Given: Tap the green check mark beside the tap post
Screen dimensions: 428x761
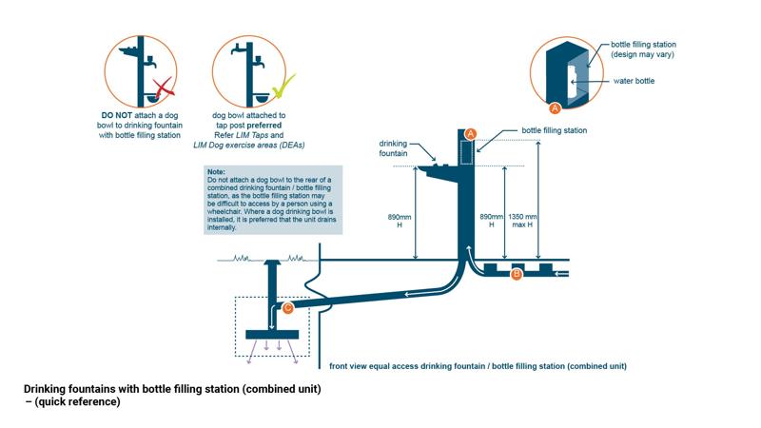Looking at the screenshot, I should [283, 88].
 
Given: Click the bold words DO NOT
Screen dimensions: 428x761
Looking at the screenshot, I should [119, 115].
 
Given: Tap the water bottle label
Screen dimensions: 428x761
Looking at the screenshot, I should [633, 81].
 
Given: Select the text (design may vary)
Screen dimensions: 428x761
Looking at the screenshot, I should [644, 54].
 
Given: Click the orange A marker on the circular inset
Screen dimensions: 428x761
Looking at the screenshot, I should [556, 107].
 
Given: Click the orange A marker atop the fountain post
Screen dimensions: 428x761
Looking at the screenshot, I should [470, 133].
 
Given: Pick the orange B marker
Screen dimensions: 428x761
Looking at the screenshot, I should [517, 274].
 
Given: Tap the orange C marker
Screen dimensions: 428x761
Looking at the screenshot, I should [288, 307].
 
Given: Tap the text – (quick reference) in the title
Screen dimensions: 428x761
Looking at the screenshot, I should [72, 402].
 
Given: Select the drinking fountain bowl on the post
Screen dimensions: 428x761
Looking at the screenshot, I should [437, 168].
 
